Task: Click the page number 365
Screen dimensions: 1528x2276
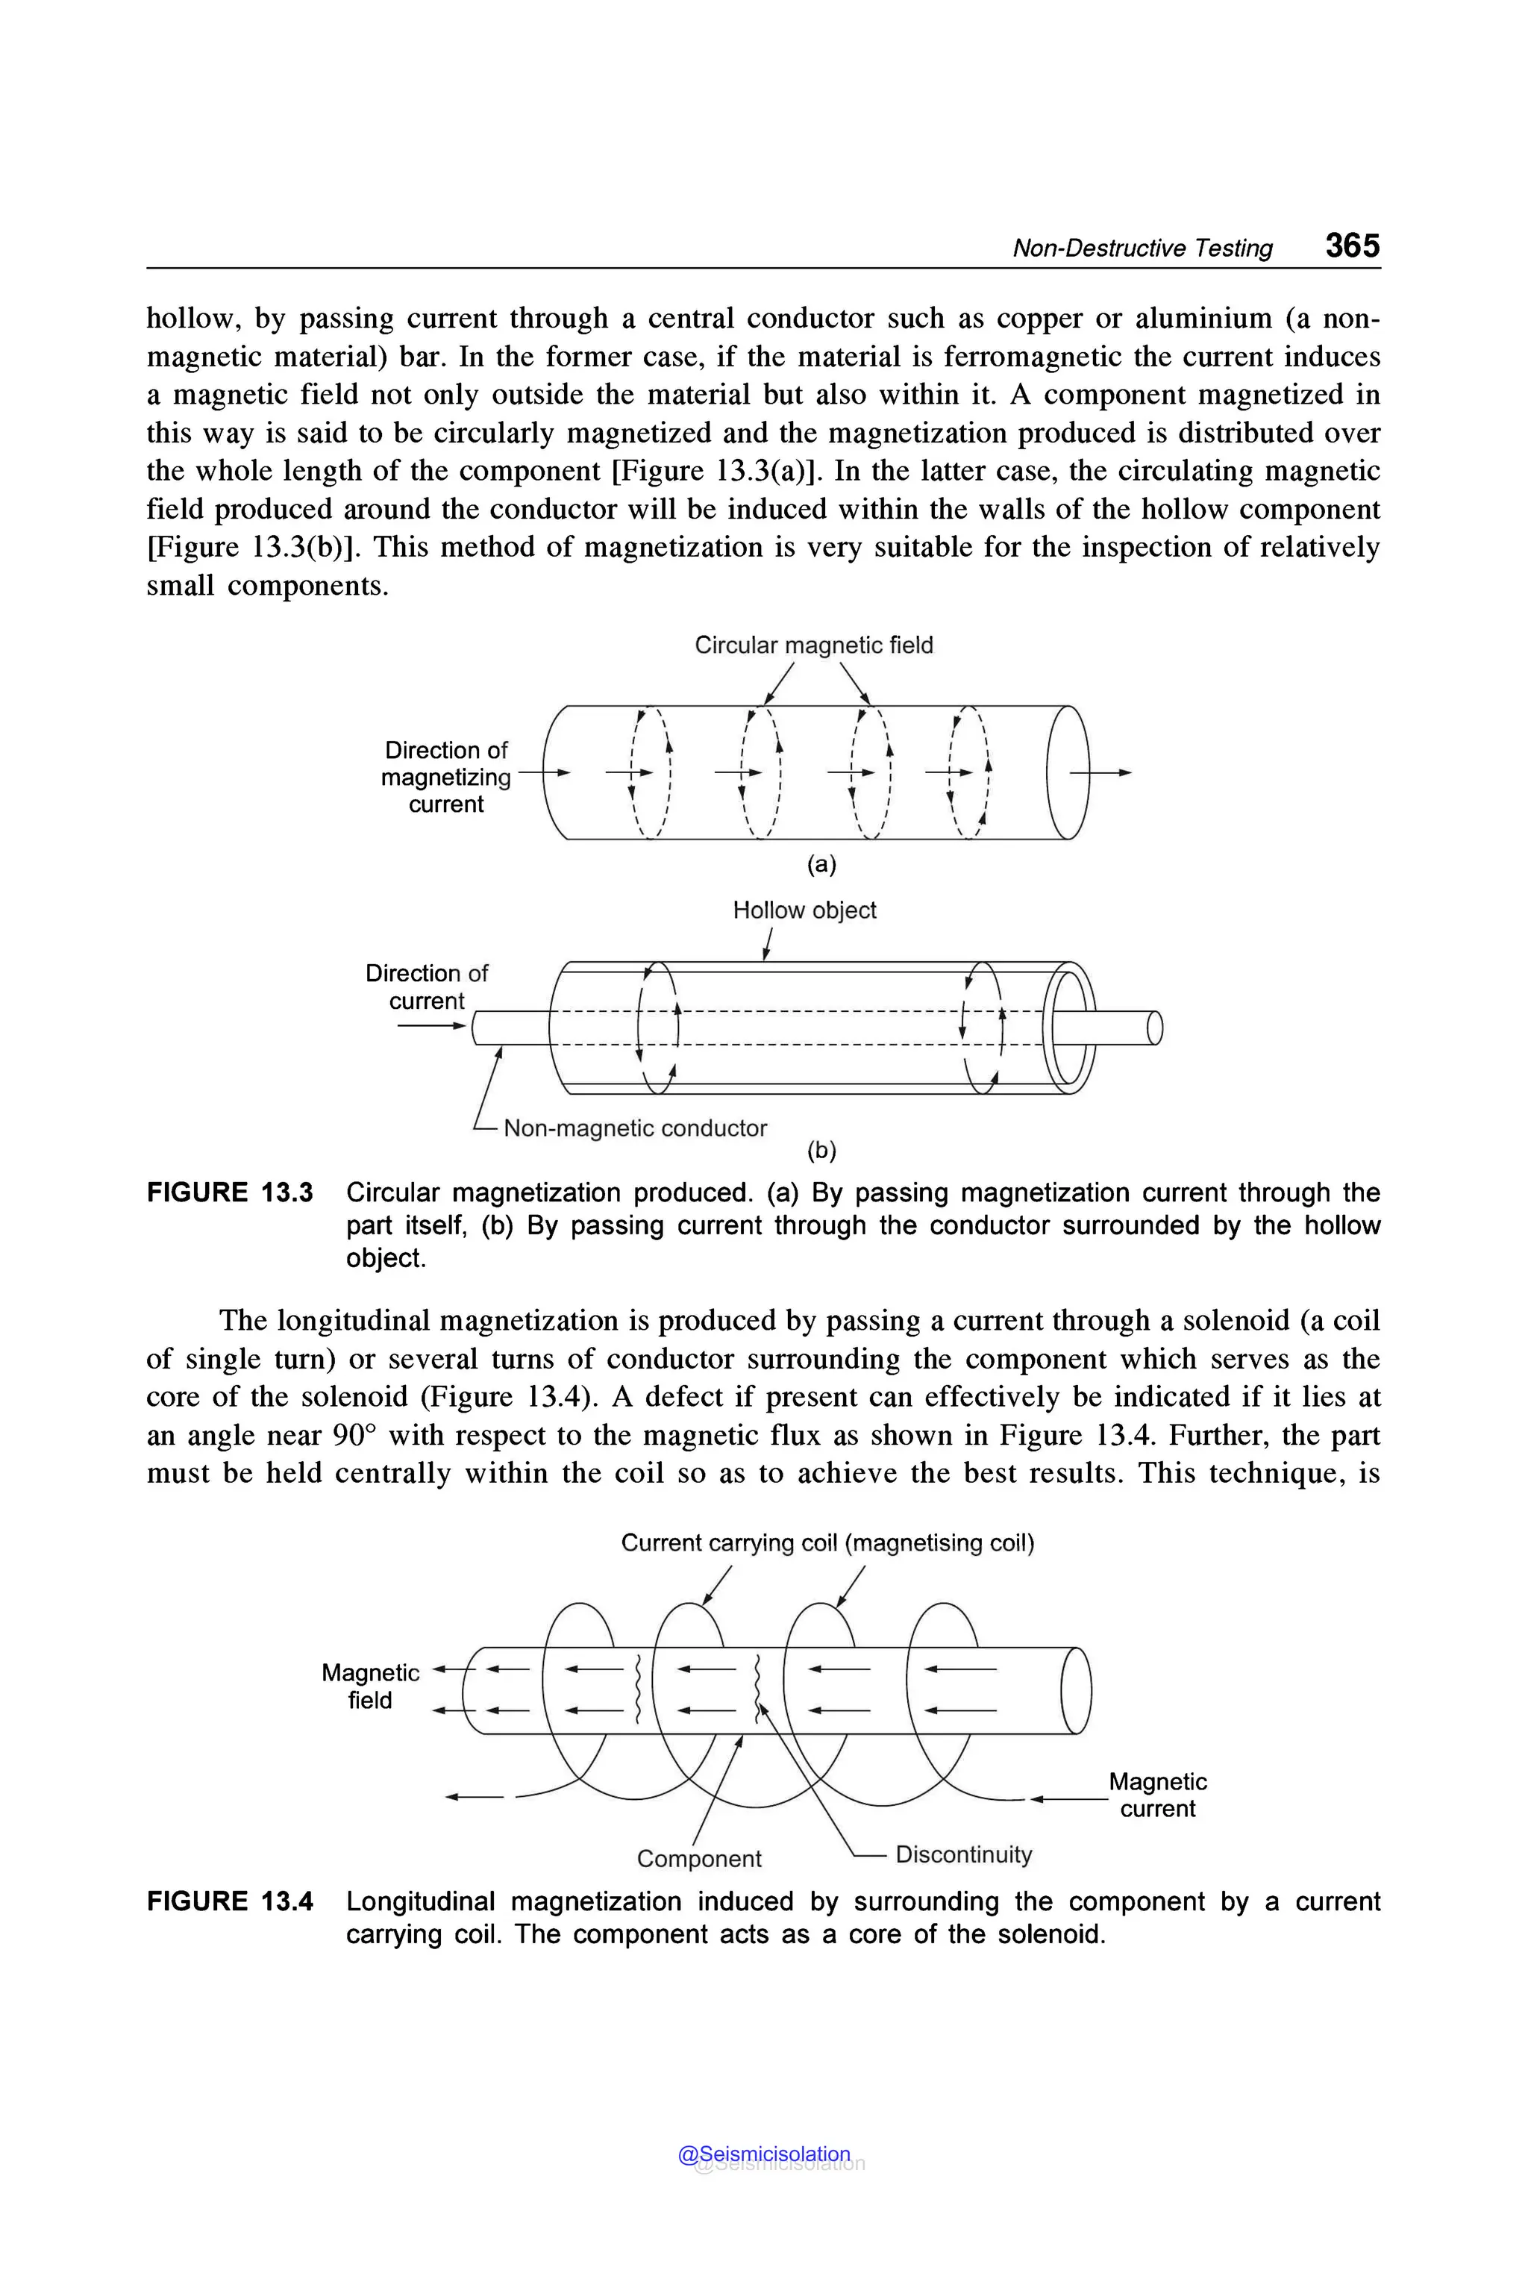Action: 1352,245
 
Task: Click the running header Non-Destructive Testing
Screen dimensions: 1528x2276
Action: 1142,248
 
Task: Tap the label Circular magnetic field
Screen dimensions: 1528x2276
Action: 814,645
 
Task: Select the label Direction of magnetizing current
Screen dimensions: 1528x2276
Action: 445,777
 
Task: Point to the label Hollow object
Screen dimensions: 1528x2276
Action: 804,910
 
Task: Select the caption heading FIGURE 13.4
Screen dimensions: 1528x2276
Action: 230,1901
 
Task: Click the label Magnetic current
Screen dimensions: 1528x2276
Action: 1158,1795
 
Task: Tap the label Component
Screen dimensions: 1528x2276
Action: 698,1858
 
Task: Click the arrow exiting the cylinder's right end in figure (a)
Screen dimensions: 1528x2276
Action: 1101,772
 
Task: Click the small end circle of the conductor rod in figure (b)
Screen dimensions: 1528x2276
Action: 1155,1028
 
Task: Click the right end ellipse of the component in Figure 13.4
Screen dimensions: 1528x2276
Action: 1076,1690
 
